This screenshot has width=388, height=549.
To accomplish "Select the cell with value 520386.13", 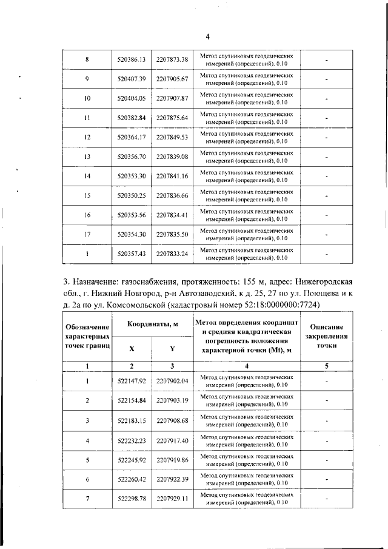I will point(131,59).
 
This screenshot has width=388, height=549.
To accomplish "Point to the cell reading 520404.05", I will point(131,98).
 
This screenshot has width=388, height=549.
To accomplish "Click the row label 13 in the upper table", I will point(87,157).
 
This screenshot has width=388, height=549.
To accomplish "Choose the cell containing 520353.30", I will point(131,176).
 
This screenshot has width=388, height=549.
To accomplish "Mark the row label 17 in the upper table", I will point(87,234).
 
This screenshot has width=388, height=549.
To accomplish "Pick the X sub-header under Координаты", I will point(131,349).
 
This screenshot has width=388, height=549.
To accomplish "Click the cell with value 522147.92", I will point(131,381).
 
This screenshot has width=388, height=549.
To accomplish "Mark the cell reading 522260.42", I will point(131,479).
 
